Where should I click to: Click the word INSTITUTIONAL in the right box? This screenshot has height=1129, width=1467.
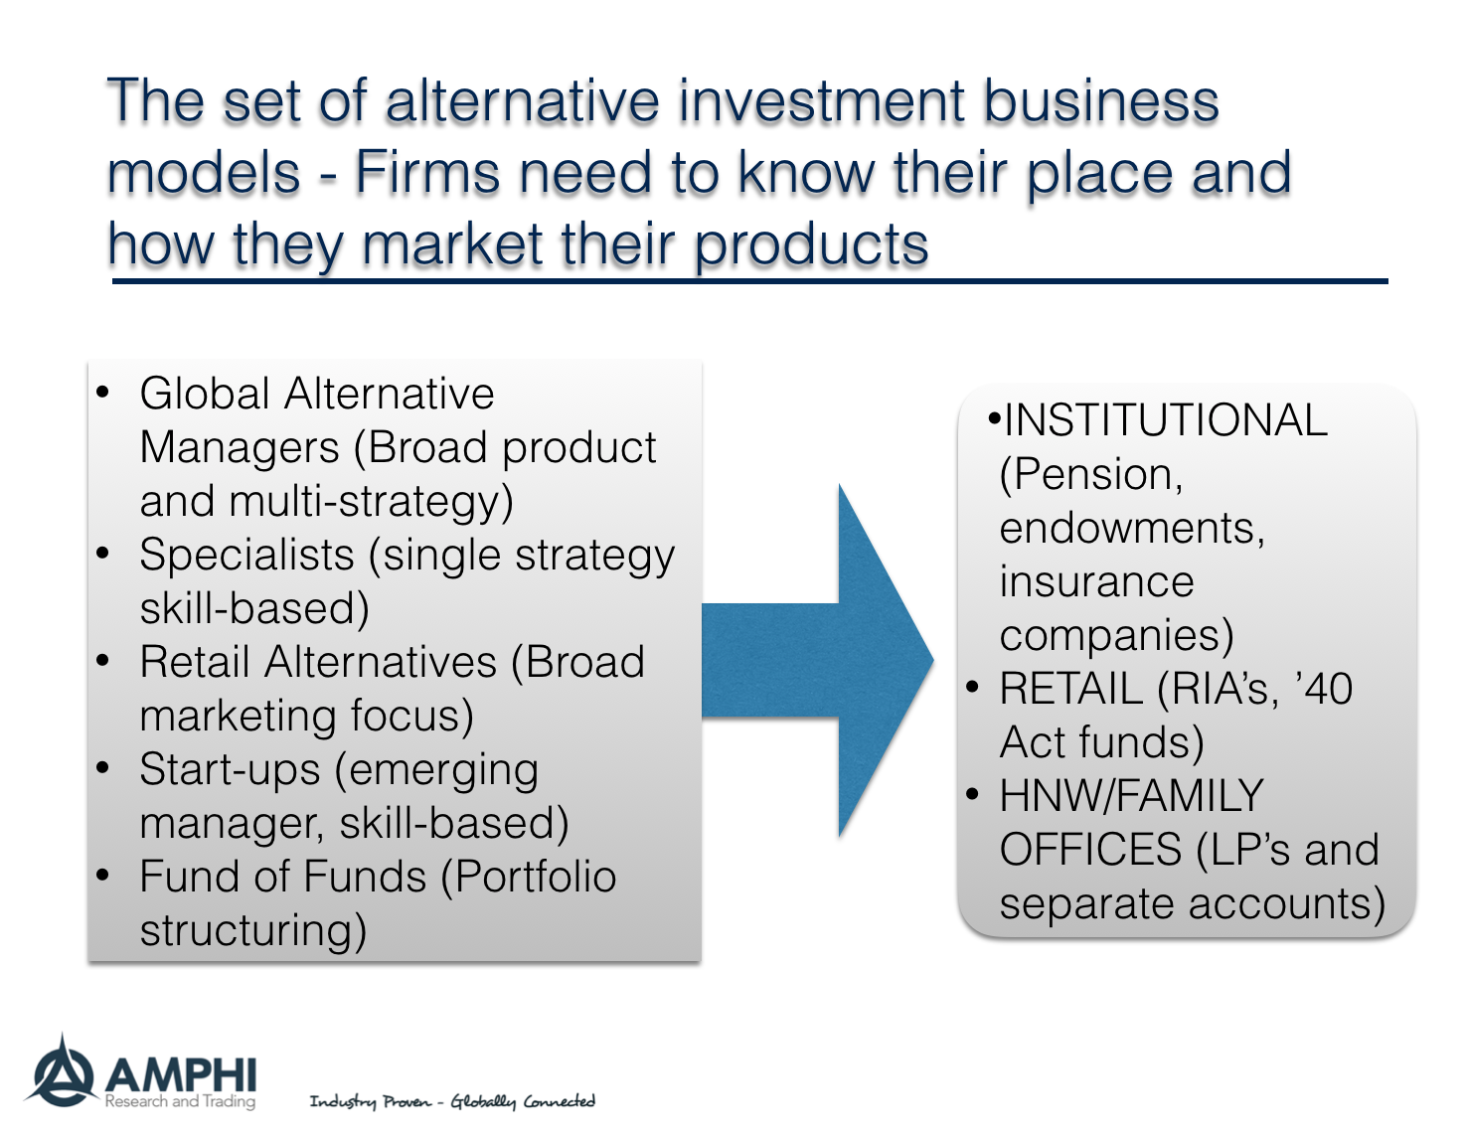[x=1166, y=420]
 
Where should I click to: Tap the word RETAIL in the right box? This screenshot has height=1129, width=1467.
[x=1070, y=689]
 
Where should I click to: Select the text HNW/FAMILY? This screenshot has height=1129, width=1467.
[x=1131, y=796]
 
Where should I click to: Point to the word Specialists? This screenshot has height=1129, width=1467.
[x=246, y=555]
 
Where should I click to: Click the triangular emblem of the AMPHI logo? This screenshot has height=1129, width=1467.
[x=63, y=1071]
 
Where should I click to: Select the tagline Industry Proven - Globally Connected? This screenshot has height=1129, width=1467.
[x=452, y=1101]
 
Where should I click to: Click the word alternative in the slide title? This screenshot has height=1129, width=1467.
[x=522, y=101]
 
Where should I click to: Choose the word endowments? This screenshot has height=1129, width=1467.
[x=1131, y=528]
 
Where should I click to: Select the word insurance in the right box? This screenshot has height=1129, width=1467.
[x=1096, y=581]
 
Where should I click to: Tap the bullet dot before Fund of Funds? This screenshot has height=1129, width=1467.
[x=103, y=876]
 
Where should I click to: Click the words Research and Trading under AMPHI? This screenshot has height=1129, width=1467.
[x=180, y=1101]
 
